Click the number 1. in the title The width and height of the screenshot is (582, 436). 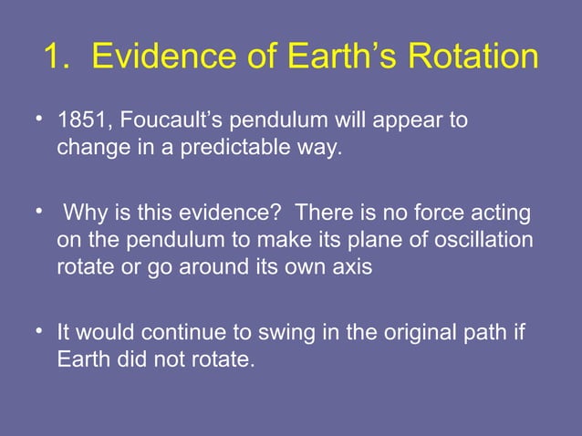(x=58, y=57)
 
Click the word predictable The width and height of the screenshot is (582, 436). (x=231, y=147)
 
